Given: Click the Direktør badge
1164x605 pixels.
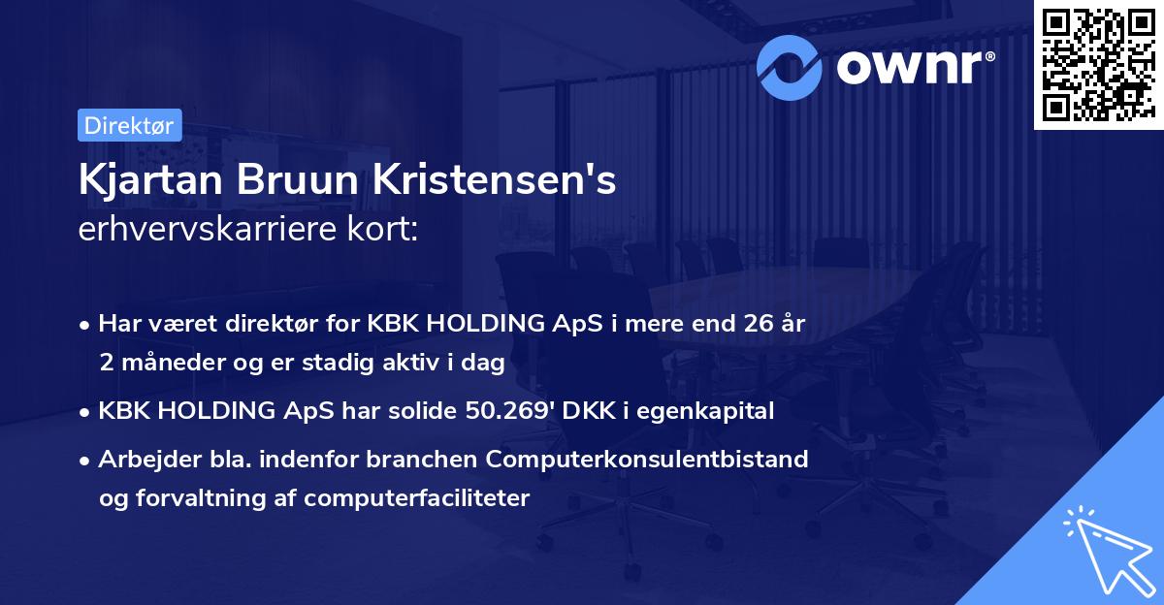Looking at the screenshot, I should click(x=129, y=125).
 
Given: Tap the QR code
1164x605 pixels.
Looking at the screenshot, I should click(x=1098, y=65).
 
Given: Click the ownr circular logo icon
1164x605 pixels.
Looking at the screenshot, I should click(x=791, y=65).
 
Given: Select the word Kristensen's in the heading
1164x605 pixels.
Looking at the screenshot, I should click(x=490, y=181).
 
